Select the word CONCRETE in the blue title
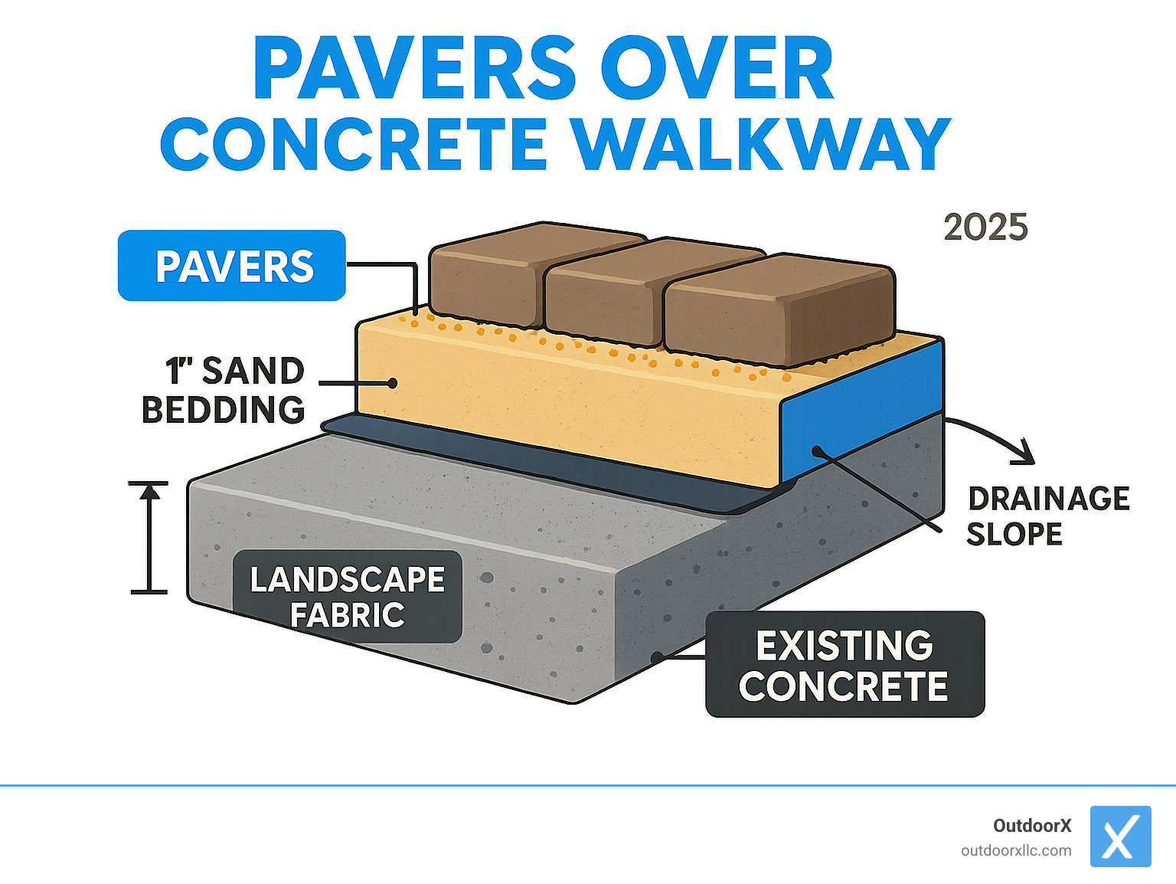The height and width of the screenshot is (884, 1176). [354, 146]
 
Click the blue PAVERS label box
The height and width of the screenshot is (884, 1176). [232, 266]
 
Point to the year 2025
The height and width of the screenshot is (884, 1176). [985, 228]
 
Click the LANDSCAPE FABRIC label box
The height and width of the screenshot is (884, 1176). [347, 597]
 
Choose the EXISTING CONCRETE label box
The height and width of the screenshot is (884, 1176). [844, 665]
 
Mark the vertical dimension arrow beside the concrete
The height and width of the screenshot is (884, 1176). [149, 538]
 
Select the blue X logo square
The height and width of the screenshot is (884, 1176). [1120, 837]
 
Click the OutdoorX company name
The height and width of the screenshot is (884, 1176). [1032, 826]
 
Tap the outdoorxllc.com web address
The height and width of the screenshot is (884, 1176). [1016, 851]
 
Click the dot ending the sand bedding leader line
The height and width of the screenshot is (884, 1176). [393, 383]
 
